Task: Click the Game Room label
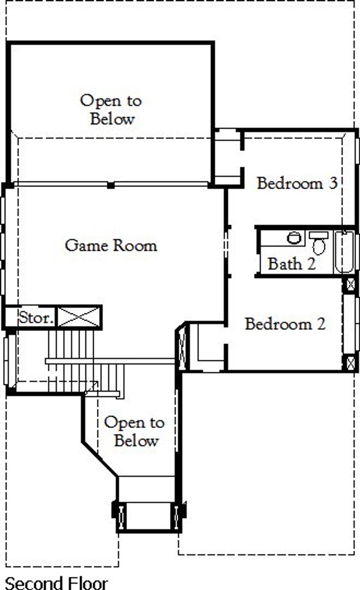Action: pos(111,246)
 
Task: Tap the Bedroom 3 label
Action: pos(297,183)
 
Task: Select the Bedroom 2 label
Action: pos(285,324)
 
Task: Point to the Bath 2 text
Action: pos(292,264)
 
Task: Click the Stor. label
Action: pos(36,318)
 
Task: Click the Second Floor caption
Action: pos(56,583)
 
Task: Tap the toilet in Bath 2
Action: pos(319,244)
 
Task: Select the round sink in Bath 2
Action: pos(294,238)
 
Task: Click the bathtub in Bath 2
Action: pos(345,252)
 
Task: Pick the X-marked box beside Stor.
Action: pos(79,317)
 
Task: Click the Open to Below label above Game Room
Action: pos(111,110)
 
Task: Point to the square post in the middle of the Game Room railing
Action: pos(111,185)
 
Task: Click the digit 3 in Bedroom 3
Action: pos(333,183)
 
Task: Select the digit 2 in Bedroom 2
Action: pos(321,324)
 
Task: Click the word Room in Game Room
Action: pos(135,246)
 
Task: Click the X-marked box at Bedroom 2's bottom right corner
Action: pos(350,363)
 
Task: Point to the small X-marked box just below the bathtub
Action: pos(350,285)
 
